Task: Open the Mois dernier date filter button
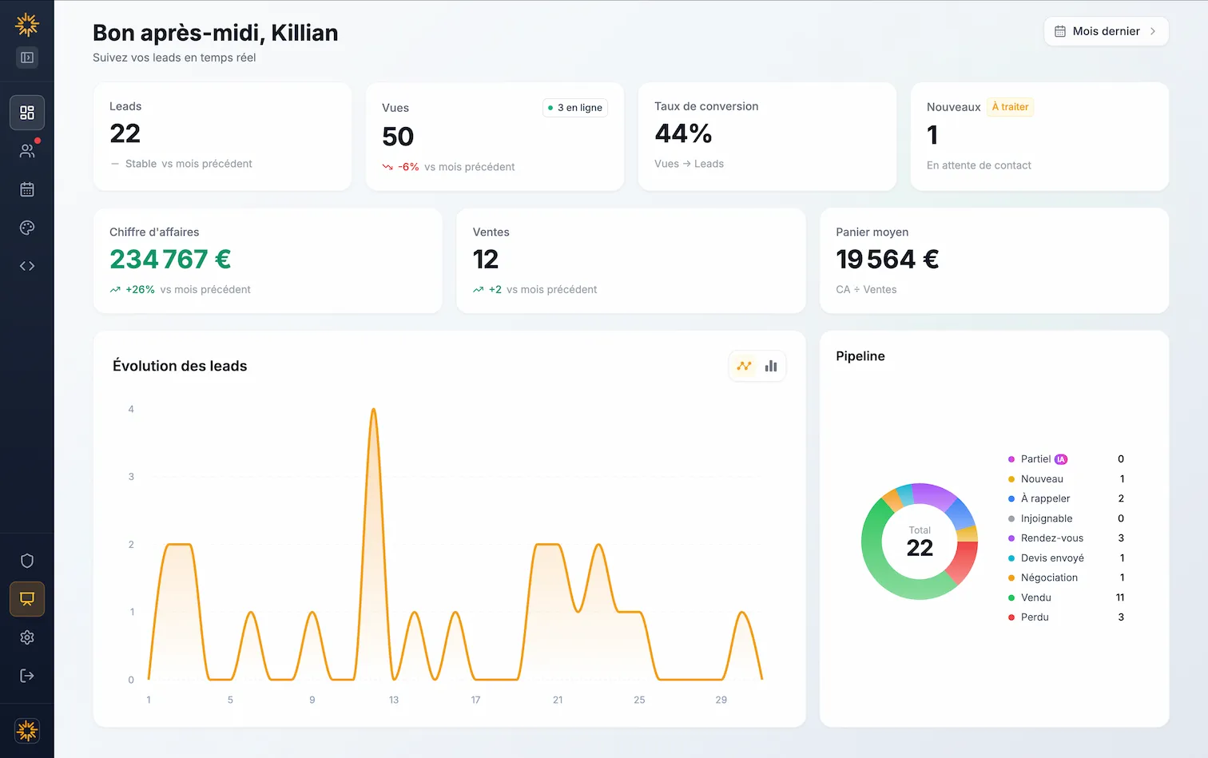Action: coord(1106,31)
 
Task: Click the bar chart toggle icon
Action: coord(771,366)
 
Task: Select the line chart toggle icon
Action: coord(744,366)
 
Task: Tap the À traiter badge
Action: coord(1010,107)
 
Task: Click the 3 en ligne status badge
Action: coord(575,108)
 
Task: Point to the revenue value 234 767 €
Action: coord(170,260)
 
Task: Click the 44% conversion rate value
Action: coord(683,133)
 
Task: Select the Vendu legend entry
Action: coord(1035,597)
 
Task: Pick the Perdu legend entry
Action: coord(1035,617)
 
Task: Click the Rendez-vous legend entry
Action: coord(1051,538)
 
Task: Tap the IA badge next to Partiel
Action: coord(1061,459)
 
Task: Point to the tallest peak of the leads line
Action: coord(373,411)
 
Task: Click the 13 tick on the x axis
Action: coord(394,700)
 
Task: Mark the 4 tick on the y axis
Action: coord(131,409)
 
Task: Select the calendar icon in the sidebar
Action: coord(27,189)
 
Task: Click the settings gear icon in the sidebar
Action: coord(27,637)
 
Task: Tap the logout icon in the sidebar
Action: coord(27,676)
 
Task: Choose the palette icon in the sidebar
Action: coord(27,228)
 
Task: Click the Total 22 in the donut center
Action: coord(920,542)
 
